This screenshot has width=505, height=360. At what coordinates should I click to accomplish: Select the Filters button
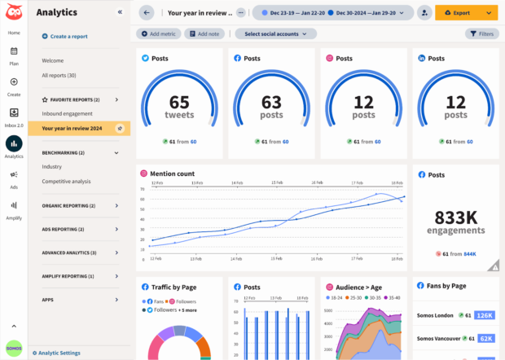point(482,34)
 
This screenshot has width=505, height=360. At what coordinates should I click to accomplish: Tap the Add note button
point(204,34)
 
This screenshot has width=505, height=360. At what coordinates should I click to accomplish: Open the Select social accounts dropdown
point(275,34)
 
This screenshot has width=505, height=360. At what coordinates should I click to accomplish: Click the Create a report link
point(68,37)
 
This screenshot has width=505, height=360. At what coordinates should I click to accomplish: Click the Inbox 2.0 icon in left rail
point(14,116)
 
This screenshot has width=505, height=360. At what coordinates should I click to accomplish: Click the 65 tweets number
point(179,102)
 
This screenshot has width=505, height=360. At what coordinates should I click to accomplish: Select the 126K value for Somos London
point(485,315)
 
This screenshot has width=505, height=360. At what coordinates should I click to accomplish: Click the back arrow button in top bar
point(147,13)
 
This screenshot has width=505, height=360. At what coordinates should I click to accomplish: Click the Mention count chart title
point(173,173)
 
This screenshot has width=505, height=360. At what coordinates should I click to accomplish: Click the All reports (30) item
point(59,75)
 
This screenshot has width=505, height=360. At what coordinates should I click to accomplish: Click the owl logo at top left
point(14,12)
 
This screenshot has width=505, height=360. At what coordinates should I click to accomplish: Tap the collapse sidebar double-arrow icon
point(121,12)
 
